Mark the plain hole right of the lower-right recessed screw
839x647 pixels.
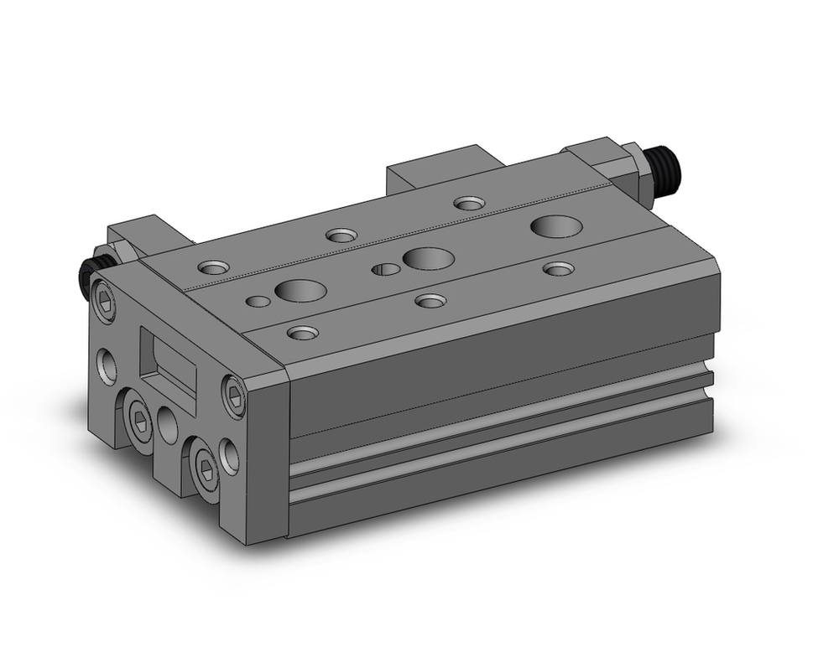tap(229, 457)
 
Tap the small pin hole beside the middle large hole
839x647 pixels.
tap(386, 269)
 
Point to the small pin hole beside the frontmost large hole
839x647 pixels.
tap(258, 300)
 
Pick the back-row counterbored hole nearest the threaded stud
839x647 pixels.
tap(469, 203)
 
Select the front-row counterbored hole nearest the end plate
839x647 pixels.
tap(302, 333)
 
